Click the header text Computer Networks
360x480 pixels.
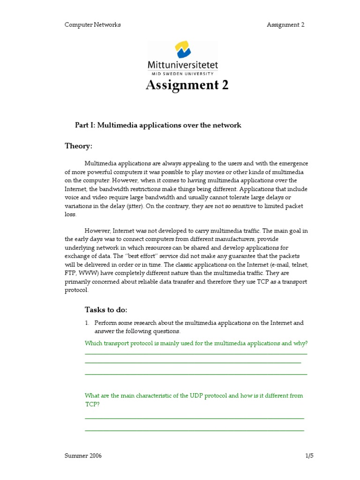92,25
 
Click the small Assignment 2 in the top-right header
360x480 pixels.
285,25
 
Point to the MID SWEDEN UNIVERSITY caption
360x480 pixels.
183,74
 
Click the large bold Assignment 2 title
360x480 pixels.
187,85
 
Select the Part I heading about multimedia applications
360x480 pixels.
158,125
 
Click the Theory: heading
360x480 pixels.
78,146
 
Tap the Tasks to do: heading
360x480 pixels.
106,309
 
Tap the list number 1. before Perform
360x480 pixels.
87,323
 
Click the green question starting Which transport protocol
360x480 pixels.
196,343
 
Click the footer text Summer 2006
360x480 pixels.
83,456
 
